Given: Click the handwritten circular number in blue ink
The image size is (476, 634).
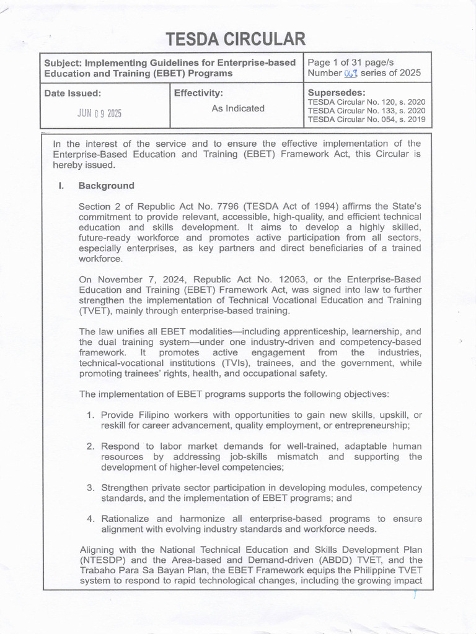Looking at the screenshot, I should tap(351, 74).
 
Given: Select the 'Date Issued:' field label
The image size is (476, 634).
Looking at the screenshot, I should tap(72, 94).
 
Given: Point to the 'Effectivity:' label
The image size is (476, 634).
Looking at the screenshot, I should tap(198, 93).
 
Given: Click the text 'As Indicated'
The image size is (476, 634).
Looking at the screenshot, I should tap(238, 108).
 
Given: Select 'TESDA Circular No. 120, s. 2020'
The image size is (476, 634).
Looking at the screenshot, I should tap(366, 102).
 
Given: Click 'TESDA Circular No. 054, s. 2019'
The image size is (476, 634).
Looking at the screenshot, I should tap(366, 119).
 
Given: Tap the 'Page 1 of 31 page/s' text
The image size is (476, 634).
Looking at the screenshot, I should tap(350, 62).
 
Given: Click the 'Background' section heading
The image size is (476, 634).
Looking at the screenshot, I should tap(106, 186).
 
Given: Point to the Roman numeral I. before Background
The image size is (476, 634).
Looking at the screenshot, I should tap(61, 186).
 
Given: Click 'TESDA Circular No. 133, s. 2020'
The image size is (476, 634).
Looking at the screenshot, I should tap(366, 111).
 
